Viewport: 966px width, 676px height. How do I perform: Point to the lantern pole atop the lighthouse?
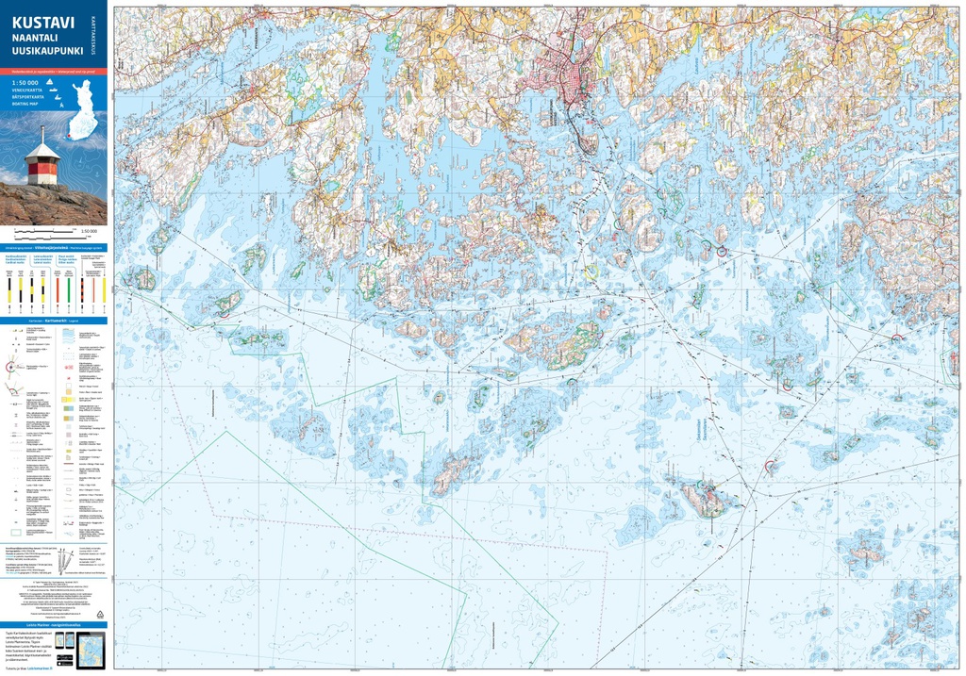[42, 135]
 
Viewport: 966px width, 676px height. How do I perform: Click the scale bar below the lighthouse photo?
[42, 230]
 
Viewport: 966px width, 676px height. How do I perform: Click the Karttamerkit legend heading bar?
[54, 321]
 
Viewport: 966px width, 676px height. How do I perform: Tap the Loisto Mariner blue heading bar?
[54, 623]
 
